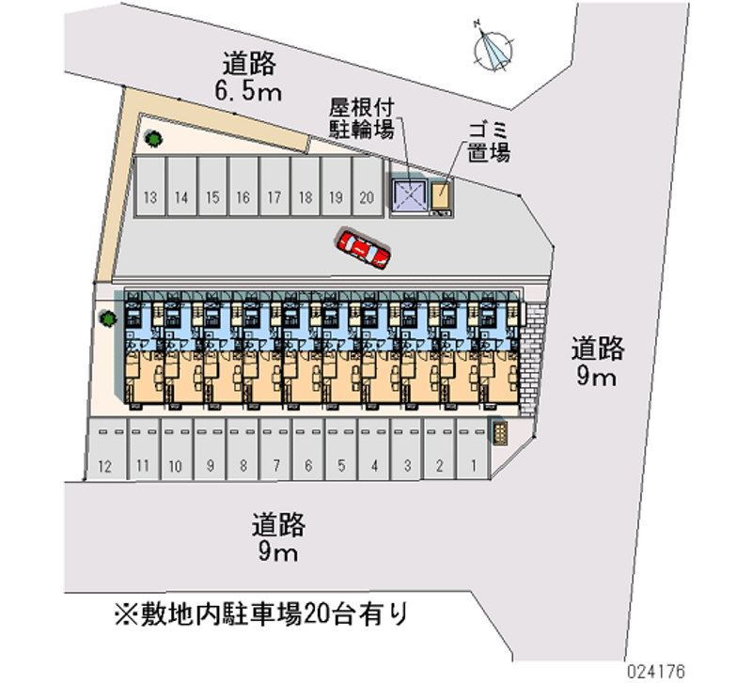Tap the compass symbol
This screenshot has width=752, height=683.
click(494, 49)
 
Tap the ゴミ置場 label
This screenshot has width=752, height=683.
click(489, 141)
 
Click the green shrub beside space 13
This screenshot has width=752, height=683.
click(151, 140)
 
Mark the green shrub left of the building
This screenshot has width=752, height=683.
click(109, 318)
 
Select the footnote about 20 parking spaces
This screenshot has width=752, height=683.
click(260, 615)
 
